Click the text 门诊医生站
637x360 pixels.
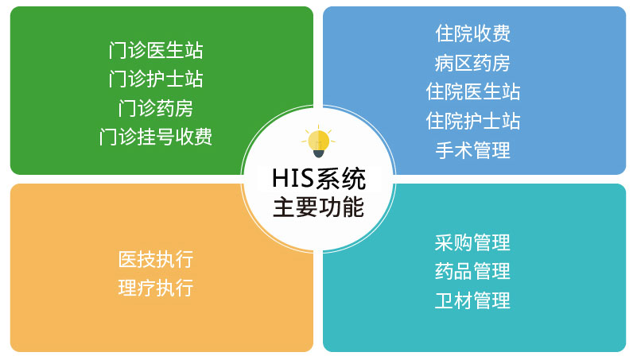pyautogui.click(x=156, y=51)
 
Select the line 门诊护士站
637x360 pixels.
pyautogui.click(x=156, y=79)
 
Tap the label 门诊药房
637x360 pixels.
pyautogui.click(x=156, y=108)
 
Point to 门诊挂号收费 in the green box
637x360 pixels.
pyautogui.click(x=156, y=137)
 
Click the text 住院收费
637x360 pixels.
pyautogui.click(x=473, y=33)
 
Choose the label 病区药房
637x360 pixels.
pyautogui.click(x=473, y=63)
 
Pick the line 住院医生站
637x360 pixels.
pyautogui.click(x=473, y=91)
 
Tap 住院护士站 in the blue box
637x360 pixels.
pyautogui.click(x=473, y=121)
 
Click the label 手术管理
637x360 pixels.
pyautogui.click(x=473, y=150)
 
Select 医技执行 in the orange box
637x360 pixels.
pyautogui.click(x=156, y=259)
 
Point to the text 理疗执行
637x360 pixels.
pyautogui.click(x=156, y=288)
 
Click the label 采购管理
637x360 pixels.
pyautogui.click(x=473, y=242)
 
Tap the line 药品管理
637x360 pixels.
pyautogui.click(x=473, y=271)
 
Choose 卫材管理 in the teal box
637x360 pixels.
pyautogui.click(x=473, y=300)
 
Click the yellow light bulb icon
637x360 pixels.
pyautogui.click(x=318, y=141)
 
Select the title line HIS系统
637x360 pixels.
pyautogui.click(x=319, y=179)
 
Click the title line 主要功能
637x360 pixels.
pyautogui.click(x=319, y=207)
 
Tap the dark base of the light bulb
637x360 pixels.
pyautogui.click(x=319, y=154)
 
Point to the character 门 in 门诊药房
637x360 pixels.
pyautogui.click(x=126, y=108)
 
